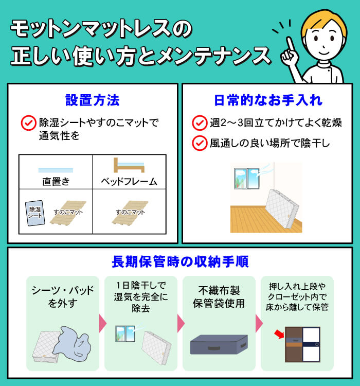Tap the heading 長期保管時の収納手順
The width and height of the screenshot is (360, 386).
pyautogui.click(x=180, y=262)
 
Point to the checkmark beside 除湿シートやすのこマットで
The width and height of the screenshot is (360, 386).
pyautogui.click(x=27, y=124)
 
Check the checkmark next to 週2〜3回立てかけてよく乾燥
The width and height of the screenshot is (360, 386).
pyautogui.click(x=199, y=124)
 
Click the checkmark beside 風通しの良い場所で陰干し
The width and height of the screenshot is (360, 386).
pyautogui.click(x=199, y=143)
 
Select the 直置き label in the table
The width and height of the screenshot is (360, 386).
pyautogui.click(x=56, y=181)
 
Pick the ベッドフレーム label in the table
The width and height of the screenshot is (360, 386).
pyautogui.click(x=129, y=181)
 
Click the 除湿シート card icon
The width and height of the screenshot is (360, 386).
pyautogui.click(x=35, y=212)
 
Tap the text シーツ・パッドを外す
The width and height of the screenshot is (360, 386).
pyautogui.click(x=63, y=297)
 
